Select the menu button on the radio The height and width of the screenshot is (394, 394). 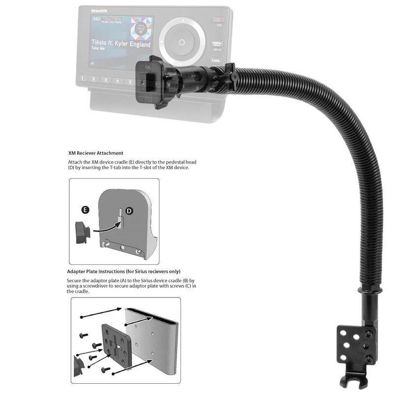217,44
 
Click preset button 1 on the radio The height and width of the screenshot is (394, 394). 84,79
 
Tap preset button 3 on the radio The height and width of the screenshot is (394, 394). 107,80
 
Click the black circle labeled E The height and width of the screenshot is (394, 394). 85,209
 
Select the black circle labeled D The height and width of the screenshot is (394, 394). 129,211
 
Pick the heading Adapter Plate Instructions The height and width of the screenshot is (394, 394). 123,271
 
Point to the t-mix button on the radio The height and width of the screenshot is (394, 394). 215,61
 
